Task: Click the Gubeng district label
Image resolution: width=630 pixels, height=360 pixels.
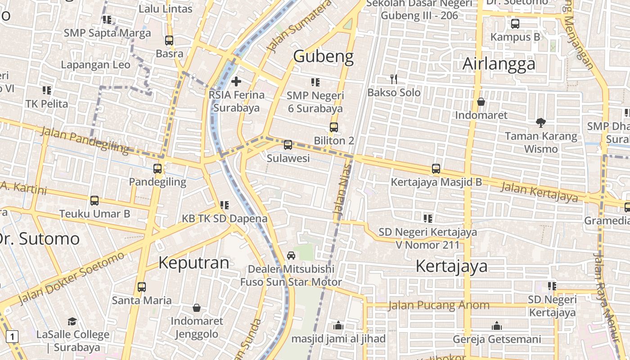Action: click(x=323, y=56)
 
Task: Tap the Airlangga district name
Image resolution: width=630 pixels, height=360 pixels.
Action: click(x=499, y=64)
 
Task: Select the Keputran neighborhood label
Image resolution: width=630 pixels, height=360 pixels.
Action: click(x=193, y=263)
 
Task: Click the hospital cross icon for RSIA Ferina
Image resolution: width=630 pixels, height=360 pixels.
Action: click(x=236, y=81)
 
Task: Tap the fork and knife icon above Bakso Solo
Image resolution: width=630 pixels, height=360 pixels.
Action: click(x=394, y=80)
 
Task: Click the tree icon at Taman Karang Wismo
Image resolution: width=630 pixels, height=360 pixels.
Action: click(x=541, y=122)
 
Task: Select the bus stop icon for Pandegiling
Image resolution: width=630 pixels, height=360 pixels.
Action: click(x=157, y=169)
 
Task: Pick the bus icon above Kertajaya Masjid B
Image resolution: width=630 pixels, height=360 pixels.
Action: click(x=436, y=169)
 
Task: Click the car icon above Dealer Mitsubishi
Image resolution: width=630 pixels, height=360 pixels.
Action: click(x=291, y=256)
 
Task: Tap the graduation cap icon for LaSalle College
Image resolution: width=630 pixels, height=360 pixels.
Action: click(x=72, y=321)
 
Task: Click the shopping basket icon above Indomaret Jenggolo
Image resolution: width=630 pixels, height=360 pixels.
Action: click(x=197, y=308)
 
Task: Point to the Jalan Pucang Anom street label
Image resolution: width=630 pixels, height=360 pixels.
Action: click(x=438, y=306)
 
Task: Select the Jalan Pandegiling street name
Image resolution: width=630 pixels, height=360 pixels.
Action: click(x=85, y=139)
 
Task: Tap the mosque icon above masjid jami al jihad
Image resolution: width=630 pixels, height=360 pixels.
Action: click(x=338, y=325)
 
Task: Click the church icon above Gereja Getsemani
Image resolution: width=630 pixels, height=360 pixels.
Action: click(x=497, y=325)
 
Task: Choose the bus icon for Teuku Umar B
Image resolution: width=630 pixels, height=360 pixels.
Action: click(x=94, y=201)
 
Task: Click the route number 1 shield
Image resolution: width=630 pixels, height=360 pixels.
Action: click(x=12, y=336)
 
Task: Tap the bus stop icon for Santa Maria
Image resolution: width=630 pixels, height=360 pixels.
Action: click(x=142, y=287)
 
